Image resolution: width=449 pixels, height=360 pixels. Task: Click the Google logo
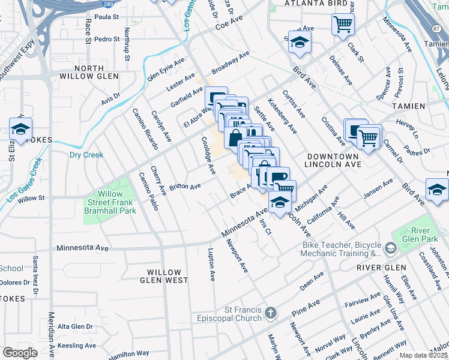click(20, 353)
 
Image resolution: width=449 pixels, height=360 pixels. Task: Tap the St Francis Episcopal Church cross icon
click(271, 313)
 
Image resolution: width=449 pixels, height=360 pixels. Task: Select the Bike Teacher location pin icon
click(391, 248)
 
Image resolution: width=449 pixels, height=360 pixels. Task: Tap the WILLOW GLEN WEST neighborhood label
click(164, 276)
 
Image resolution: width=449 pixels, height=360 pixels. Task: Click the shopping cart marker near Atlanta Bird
click(343, 25)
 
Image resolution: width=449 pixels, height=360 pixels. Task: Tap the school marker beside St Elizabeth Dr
click(20, 129)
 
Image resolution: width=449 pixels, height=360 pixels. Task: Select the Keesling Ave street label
click(77, 346)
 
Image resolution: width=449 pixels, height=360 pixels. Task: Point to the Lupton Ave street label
click(211, 265)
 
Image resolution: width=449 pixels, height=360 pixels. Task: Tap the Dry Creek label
click(86, 155)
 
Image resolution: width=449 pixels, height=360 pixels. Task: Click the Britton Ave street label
click(185, 187)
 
